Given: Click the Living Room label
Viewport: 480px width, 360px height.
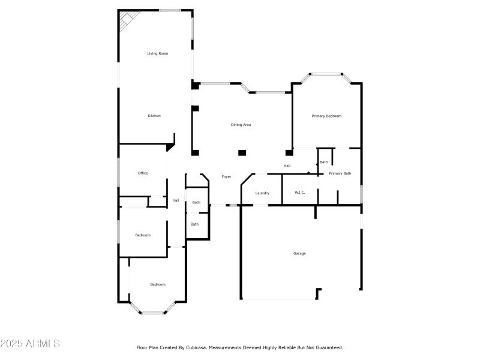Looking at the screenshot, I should coord(158,53).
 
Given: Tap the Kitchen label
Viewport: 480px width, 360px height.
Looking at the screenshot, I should coord(155,116).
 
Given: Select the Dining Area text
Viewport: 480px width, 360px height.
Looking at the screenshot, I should coord(241,125).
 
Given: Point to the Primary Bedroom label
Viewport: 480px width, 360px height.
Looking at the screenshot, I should coord(326,116).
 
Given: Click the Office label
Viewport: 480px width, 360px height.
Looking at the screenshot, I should coord(143,173).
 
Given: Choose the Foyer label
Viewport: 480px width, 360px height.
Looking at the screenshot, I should coord(226,177).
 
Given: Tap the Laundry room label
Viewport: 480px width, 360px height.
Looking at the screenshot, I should coord(262,193).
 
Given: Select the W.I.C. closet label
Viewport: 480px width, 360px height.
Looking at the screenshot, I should coord(300,193).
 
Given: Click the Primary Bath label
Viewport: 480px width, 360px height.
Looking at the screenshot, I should coord(340,173).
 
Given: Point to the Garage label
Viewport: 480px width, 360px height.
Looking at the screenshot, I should coord(299,253).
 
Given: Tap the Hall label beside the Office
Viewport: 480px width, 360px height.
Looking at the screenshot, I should coord(176,200).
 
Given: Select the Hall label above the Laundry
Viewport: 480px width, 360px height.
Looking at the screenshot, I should coord(287,166).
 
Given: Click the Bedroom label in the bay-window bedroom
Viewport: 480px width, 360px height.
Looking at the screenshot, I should coord(158,284).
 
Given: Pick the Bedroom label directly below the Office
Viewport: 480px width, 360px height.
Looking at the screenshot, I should coord(143,235).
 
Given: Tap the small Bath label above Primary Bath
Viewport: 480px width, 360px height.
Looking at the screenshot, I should coord(323,162).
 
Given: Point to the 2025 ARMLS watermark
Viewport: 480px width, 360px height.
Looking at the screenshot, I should coord(30,344).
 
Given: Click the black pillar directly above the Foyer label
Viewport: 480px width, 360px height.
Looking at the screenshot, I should coord(242,152).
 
